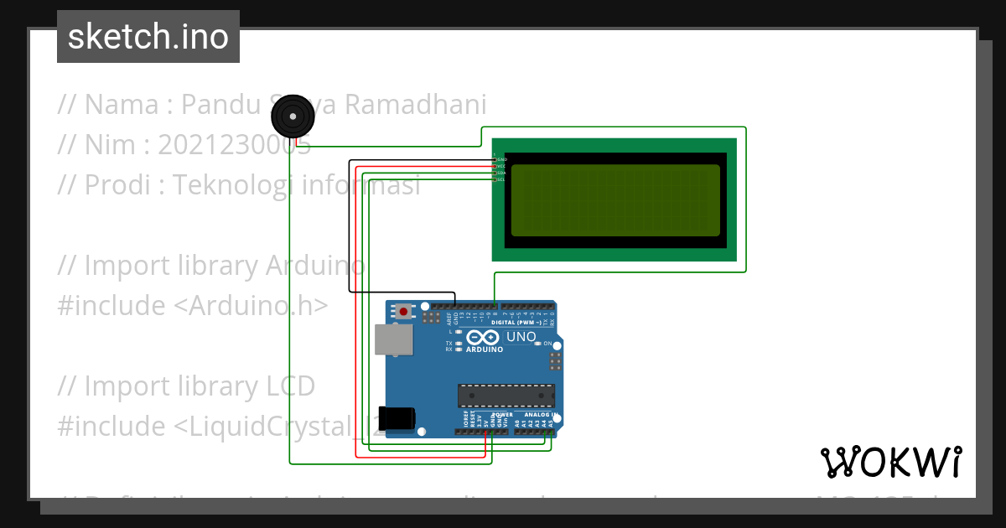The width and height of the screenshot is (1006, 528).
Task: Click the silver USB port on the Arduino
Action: pyautogui.click(x=392, y=339)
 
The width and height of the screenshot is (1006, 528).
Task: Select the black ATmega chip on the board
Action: pyautogui.click(x=506, y=396)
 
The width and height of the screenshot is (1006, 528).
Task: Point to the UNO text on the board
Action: pyautogui.click(x=521, y=337)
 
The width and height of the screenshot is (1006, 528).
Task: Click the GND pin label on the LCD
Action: pyautogui.click(x=501, y=159)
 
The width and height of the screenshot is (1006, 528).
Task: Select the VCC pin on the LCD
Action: pyautogui.click(x=501, y=166)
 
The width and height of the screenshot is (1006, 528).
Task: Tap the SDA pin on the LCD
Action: pyautogui.click(x=501, y=173)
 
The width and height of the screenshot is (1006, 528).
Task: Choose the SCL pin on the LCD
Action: pyautogui.click(x=501, y=179)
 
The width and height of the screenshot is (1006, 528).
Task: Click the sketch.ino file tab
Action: pyautogui.click(x=148, y=37)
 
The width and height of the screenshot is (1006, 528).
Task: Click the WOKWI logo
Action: pyautogui.click(x=890, y=462)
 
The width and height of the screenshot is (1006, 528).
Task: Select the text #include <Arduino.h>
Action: pyautogui.click(x=193, y=306)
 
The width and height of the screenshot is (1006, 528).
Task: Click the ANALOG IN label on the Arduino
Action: pyautogui.click(x=541, y=415)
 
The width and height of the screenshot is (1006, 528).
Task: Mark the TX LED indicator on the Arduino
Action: pyautogui.click(x=458, y=344)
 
